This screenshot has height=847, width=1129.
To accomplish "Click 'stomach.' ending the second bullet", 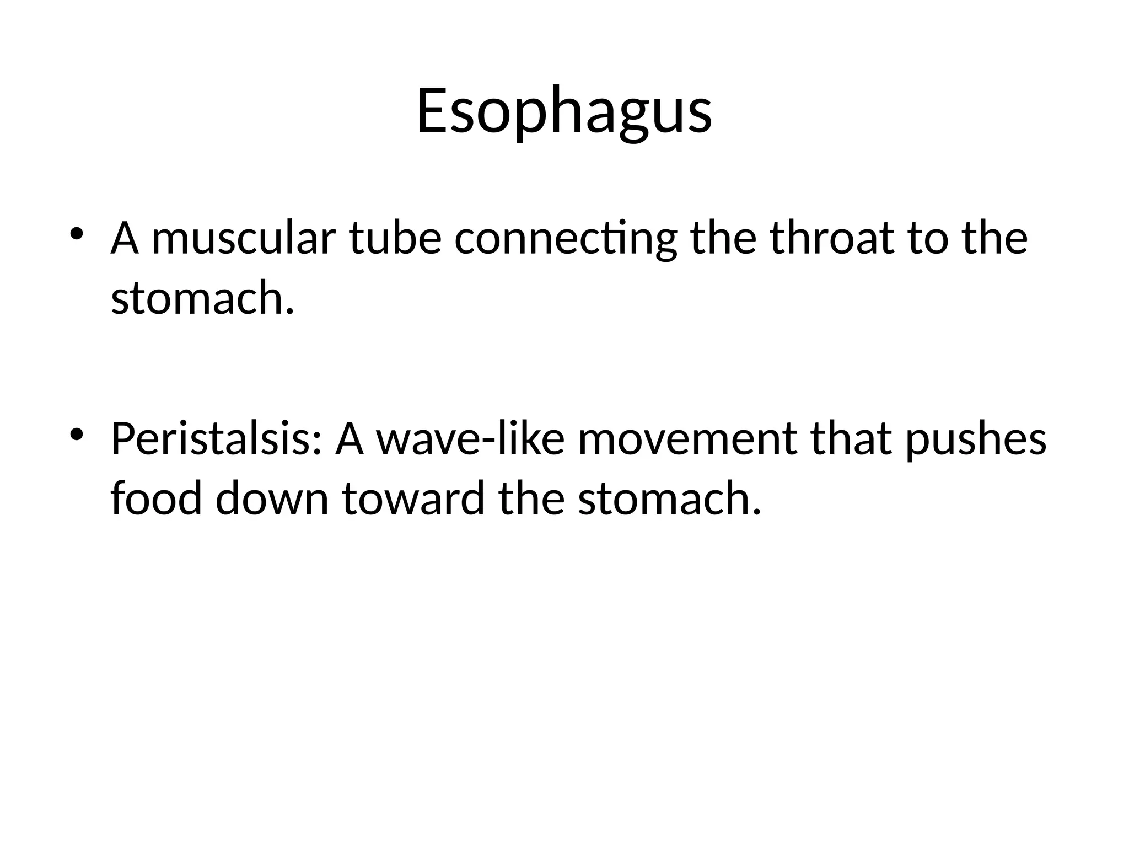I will point(670,499).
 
